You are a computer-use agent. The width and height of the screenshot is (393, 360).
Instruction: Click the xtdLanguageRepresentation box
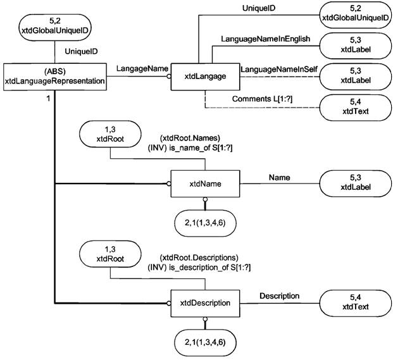click(54, 76)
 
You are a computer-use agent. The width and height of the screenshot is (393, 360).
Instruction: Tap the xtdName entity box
click(204, 184)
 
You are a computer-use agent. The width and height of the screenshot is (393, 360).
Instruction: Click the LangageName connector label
click(137, 68)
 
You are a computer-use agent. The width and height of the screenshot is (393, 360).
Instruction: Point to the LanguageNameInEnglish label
click(265, 39)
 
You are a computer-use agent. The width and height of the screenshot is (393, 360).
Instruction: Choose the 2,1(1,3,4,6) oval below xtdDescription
click(204, 341)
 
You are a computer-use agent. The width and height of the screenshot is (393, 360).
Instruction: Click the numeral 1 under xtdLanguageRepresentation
click(48, 98)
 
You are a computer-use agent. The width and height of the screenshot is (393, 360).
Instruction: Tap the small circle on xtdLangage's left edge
click(168, 76)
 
